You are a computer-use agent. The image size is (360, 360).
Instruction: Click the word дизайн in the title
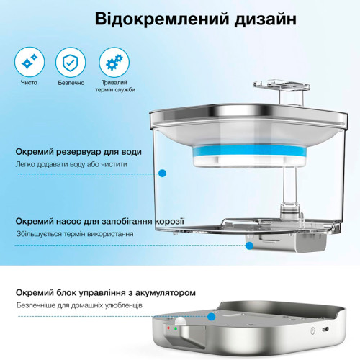click(x=266, y=20)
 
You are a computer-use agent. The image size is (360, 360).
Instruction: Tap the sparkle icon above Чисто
click(x=30, y=62)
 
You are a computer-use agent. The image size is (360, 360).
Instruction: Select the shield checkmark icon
click(x=71, y=62)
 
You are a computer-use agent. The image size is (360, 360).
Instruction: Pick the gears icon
click(x=114, y=62)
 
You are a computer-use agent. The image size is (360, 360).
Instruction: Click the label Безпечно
click(x=71, y=83)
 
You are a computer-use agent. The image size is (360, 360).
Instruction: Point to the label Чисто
click(x=29, y=83)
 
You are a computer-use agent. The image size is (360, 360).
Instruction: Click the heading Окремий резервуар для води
click(x=78, y=152)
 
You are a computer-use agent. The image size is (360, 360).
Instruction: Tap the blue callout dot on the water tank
click(x=163, y=173)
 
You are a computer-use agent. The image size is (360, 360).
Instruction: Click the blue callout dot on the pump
click(x=250, y=246)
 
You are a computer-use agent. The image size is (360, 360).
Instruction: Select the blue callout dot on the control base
click(x=211, y=317)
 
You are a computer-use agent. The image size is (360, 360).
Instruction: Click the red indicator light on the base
click(x=168, y=328)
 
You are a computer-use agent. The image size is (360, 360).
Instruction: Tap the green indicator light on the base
click(x=176, y=328)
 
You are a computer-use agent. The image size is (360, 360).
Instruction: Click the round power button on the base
click(x=312, y=331)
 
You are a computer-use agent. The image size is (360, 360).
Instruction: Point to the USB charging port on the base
click(x=325, y=328)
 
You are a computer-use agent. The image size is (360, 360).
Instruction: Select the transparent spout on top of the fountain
click(x=282, y=86)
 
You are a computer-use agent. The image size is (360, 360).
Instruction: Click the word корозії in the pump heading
click(x=169, y=221)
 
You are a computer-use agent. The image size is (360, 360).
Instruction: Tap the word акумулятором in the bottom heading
click(x=166, y=293)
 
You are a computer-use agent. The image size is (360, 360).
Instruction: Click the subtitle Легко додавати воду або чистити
click(x=71, y=165)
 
